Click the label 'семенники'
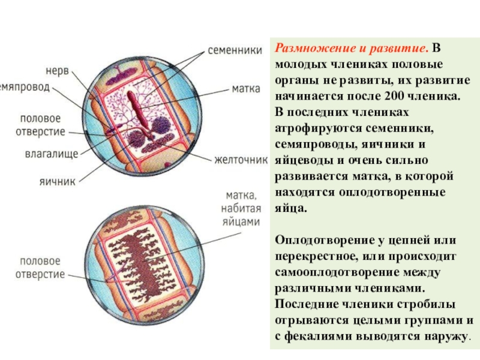click(233, 50)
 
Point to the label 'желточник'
click(240, 160)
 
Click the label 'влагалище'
click(52, 154)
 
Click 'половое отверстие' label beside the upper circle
click(42, 125)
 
